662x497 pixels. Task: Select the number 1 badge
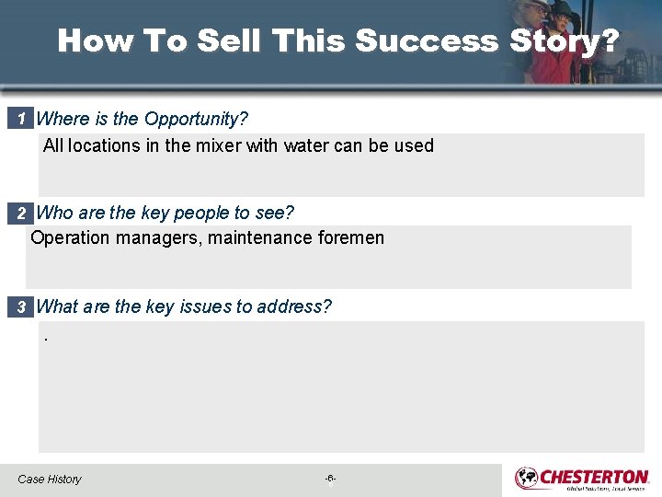coord(20,119)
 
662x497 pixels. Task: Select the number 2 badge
coord(20,214)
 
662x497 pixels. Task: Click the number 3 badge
coord(20,307)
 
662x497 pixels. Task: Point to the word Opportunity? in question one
coord(196,119)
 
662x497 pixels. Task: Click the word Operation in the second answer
coord(67,238)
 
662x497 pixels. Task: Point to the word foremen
coord(350,238)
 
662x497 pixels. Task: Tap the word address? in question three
coord(297,306)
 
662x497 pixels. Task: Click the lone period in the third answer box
coord(45,339)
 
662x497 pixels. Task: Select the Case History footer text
coord(50,480)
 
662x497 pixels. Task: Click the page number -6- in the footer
coord(330,479)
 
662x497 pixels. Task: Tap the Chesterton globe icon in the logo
coord(527,478)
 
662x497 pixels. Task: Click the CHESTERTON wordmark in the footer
coord(595,476)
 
